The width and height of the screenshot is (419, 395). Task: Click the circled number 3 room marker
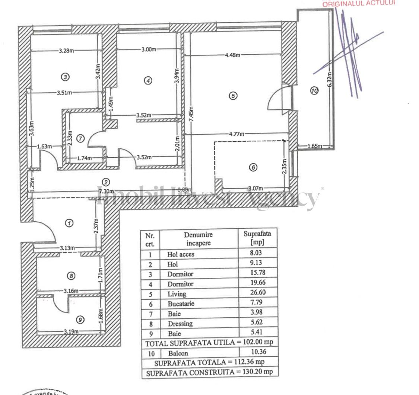coord(65,77)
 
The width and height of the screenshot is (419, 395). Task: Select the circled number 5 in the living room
coord(233,96)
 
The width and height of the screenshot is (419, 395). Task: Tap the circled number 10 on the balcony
coord(314,90)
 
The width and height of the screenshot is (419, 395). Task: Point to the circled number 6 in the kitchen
coord(253,168)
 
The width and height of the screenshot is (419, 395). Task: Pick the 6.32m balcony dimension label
coord(330,80)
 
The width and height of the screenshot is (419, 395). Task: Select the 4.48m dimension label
coord(233,55)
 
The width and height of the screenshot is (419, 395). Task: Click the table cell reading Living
coord(177,294)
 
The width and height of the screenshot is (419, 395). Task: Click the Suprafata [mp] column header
coord(257,238)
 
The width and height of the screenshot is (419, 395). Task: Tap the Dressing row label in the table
coord(180,323)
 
